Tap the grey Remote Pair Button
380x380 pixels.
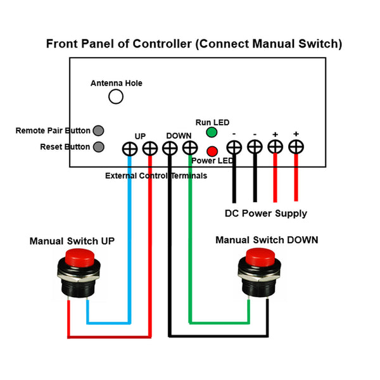98,130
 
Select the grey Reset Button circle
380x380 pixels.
99,147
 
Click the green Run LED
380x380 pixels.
212,132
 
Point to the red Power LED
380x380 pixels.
212,151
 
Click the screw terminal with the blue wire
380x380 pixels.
130,149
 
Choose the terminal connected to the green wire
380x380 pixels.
190,148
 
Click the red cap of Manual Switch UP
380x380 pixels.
80,257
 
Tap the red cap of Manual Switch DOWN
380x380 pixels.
260,256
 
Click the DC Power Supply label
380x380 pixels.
266,213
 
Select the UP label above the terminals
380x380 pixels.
140,136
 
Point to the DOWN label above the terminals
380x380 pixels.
179,136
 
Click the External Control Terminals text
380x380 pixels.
156,175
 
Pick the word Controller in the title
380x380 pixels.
162,44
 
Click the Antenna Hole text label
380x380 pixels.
117,83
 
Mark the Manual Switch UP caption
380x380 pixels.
72,241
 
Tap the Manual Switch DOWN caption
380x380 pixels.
267,240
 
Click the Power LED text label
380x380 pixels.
212,161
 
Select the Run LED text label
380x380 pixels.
212,122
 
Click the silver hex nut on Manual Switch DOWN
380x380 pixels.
259,275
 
